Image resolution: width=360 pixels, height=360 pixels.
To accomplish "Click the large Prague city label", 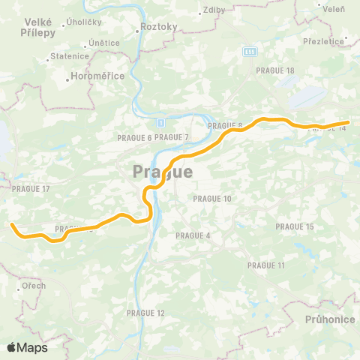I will pos(163,172).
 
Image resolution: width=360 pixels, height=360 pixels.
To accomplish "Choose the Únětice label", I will pos(103,43).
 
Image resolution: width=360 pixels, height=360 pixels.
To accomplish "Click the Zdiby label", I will pos(214,11).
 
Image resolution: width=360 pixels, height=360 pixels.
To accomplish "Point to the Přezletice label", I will pos(322,42).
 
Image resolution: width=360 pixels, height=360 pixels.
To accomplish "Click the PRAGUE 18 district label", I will pos(274,70).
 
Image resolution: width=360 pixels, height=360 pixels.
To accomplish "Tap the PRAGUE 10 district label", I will pos(212,199).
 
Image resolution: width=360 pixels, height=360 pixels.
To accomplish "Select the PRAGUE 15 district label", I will pos(294,226).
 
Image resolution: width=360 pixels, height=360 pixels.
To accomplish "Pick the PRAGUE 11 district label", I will pos(266,265).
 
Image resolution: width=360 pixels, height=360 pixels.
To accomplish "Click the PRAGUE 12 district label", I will pos(145,313).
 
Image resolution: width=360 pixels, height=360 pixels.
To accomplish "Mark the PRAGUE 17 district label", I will pos(31,188).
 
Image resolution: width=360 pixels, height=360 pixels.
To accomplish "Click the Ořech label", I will pos(33,286).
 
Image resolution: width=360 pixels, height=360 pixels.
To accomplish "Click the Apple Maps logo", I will pos(27,347).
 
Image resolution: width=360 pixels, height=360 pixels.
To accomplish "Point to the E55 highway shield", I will pos(249,52).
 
